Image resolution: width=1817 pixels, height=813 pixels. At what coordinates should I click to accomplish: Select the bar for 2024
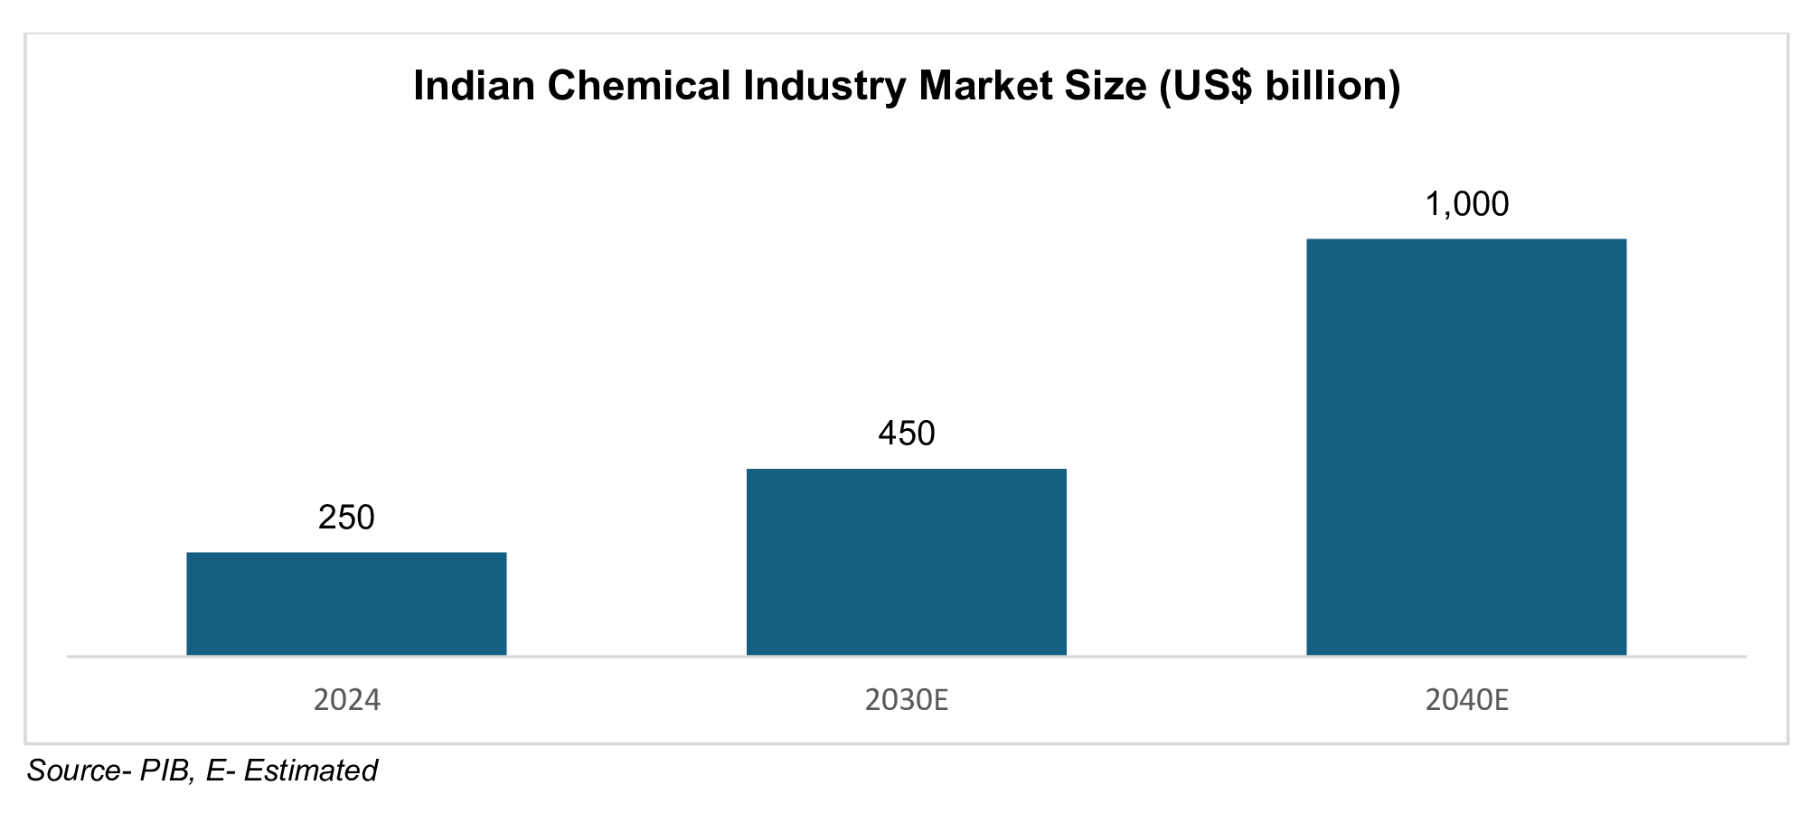pyautogui.click(x=346, y=603)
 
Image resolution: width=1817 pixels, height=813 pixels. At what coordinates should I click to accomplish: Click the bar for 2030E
pyautogui.click(x=906, y=562)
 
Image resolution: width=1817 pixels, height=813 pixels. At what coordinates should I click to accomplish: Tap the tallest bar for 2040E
pyautogui.click(x=1466, y=447)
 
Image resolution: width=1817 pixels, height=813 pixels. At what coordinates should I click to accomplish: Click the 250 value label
pyautogui.click(x=346, y=518)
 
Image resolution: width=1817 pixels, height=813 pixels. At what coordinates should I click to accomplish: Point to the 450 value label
pyautogui.click(x=906, y=434)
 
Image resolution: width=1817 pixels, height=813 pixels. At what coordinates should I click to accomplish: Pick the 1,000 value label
pyautogui.click(x=1466, y=204)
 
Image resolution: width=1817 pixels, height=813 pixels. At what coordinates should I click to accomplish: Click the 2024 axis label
pyautogui.click(x=346, y=700)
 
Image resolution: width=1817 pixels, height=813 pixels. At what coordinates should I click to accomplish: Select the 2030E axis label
pyautogui.click(x=906, y=700)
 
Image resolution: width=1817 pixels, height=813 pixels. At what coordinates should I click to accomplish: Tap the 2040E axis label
pyautogui.click(x=1466, y=700)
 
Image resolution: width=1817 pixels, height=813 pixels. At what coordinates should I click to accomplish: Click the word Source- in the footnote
pyautogui.click(x=79, y=771)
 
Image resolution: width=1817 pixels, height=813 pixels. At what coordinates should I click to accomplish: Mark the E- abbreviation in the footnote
pyautogui.click(x=220, y=771)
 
